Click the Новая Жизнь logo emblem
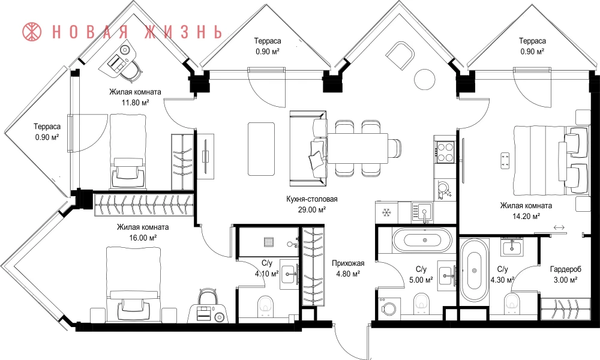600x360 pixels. click(32, 32)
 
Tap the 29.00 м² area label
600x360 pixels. click(312, 209)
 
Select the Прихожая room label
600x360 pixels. click(348, 263)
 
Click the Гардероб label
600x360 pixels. click(566, 269)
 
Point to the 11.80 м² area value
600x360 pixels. click(135, 103)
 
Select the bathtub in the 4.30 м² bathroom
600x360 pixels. click(474, 270)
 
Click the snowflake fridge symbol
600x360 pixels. click(386, 212)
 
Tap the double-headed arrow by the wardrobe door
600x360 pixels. click(559, 227)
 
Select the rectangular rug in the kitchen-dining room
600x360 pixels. click(262, 148)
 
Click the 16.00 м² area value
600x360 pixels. click(143, 238)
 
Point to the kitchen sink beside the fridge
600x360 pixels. click(422, 212)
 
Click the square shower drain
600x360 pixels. click(269, 242)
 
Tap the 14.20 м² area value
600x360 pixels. click(526, 216)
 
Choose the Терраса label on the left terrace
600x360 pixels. click(47, 126)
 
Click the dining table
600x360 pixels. click(358, 148)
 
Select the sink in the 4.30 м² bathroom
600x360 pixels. click(512, 247)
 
